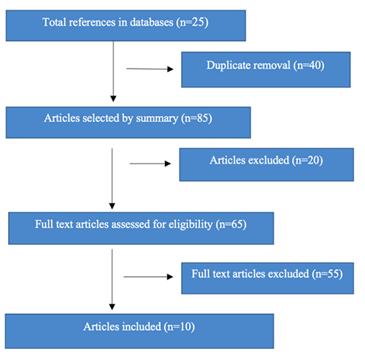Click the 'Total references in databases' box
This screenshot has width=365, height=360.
click(126, 26)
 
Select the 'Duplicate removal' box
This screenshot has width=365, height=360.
click(266, 69)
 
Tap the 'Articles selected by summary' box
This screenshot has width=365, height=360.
click(128, 123)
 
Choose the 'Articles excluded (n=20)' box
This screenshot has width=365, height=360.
click(266, 164)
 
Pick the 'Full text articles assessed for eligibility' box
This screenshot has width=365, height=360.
click(141, 229)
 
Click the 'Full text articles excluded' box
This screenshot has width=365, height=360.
click(267, 278)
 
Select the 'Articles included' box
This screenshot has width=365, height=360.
click(139, 331)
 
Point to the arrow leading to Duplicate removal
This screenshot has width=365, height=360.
click(150, 69)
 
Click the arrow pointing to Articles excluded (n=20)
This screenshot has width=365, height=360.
click(150, 164)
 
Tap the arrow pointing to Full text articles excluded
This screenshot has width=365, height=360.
click(148, 277)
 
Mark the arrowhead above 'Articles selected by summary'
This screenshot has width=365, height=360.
click(113, 99)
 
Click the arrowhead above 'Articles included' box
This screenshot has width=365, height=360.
click(112, 307)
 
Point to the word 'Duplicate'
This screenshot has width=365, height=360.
click(228, 66)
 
